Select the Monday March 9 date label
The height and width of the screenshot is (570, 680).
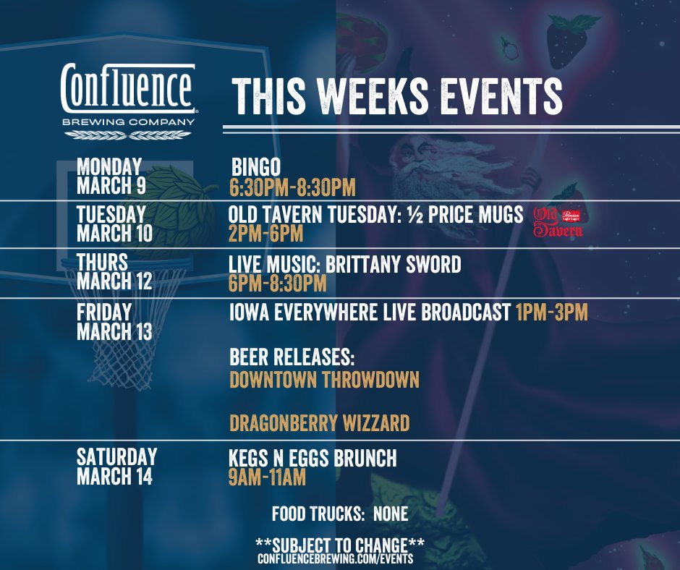tap(111, 176)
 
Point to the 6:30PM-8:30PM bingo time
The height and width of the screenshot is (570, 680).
tap(292, 188)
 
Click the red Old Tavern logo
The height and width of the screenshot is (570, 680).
tap(558, 222)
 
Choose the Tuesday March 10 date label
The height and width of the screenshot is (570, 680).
tap(114, 224)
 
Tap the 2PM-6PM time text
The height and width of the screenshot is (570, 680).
tap(265, 234)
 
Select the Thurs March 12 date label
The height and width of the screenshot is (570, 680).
tap(114, 271)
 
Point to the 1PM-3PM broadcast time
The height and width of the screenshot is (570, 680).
tap(551, 312)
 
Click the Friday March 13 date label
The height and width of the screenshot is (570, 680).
tap(114, 322)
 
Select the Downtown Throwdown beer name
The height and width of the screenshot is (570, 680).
tap(324, 379)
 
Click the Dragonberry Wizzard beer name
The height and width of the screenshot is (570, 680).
tap(319, 422)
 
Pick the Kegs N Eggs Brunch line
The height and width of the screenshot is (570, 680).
tap(313, 459)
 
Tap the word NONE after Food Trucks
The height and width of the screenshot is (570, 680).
tap(391, 515)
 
